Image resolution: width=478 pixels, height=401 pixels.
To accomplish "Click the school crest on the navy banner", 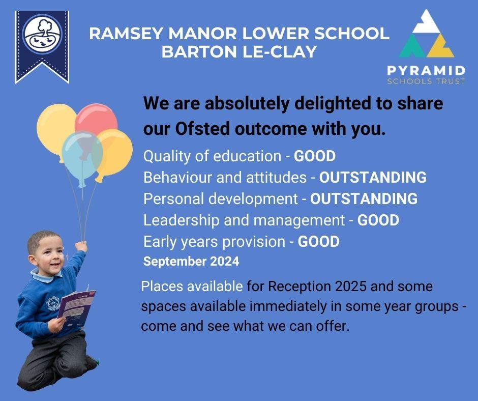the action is (x=43, y=34).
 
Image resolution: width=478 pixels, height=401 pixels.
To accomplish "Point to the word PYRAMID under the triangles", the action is (x=426, y=71).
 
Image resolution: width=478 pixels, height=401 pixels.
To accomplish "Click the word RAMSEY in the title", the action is (x=126, y=33).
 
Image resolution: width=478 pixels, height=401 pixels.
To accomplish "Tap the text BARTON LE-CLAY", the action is (x=239, y=51).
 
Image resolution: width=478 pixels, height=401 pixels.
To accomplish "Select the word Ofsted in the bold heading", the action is (x=201, y=129).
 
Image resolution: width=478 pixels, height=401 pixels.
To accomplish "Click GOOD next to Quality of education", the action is (x=315, y=156).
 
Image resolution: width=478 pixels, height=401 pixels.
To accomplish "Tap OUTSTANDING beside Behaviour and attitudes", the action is (x=373, y=177).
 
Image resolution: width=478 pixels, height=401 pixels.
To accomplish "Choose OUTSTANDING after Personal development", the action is (x=364, y=198).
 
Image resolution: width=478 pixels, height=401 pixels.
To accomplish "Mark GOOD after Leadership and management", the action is (x=378, y=220).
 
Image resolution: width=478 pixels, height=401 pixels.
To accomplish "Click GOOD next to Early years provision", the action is (x=318, y=241).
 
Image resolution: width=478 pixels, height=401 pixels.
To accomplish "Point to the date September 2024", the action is (x=191, y=262).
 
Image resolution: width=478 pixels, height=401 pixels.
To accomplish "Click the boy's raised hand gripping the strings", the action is (x=81, y=246).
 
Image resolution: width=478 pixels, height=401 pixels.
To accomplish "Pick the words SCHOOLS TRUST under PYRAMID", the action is (x=426, y=81).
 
